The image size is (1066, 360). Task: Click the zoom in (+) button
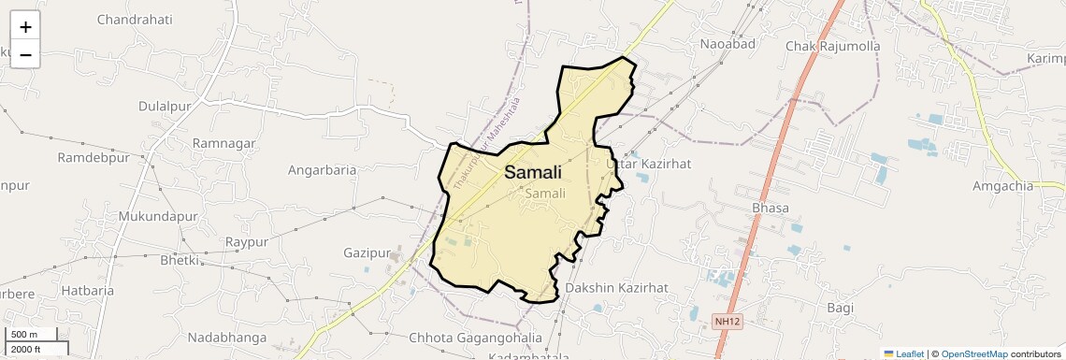point(25,28)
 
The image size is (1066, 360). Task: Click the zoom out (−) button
point(25,55)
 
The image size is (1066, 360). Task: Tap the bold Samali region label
point(533,172)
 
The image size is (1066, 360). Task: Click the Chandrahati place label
point(135,19)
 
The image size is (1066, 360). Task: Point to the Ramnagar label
point(223,143)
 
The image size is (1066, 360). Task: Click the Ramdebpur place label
point(94,157)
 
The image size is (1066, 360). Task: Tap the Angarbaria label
point(323,170)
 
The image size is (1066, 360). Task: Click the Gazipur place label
point(366,252)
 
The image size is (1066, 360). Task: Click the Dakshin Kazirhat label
point(616,287)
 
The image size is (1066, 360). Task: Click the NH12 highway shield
point(727,322)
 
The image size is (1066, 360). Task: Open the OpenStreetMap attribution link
point(973,354)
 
